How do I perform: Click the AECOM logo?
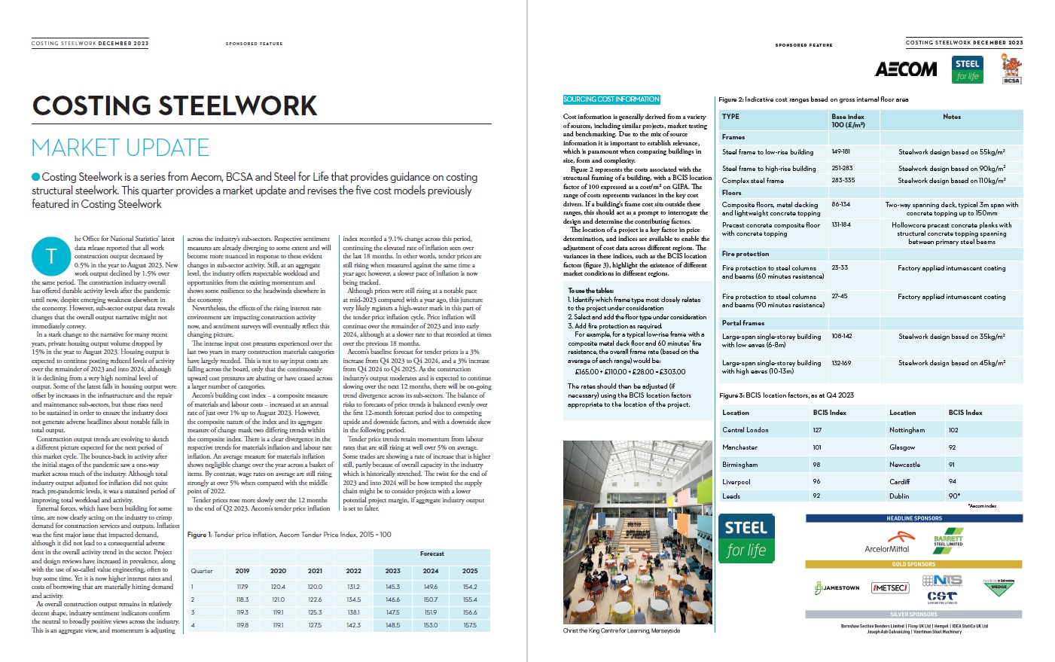[906, 69]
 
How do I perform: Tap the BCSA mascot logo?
[1011, 69]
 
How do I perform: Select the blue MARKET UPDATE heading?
[120, 148]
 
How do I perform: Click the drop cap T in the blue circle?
[51, 256]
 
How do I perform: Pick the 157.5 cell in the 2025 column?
[470, 625]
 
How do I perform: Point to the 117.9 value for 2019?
[242, 587]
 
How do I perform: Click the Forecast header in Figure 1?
[431, 554]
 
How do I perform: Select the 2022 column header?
[353, 571]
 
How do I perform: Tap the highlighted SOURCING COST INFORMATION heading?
[611, 99]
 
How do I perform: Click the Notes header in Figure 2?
[951, 117]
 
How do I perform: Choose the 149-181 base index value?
[840, 151]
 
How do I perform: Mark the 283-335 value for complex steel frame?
[843, 181]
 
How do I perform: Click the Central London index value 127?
[817, 430]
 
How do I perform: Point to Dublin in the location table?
[899, 496]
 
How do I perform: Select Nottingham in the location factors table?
[907, 430]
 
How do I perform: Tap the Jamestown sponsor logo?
[837, 587]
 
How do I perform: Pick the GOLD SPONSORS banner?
[913, 564]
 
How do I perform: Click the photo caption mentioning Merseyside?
[621, 631]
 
